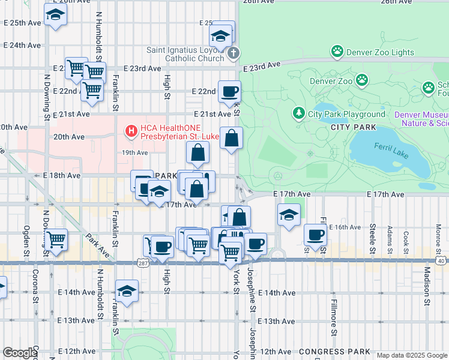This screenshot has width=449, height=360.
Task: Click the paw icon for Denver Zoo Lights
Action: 337,52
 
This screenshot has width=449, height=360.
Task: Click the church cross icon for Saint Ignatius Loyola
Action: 234,53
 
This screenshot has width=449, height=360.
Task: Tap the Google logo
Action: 20,353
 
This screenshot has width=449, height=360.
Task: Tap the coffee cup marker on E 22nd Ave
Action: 229,92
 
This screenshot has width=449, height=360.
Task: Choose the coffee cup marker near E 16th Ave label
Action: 315,235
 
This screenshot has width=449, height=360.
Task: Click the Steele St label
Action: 373,238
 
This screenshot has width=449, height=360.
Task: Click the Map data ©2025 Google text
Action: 412,355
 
